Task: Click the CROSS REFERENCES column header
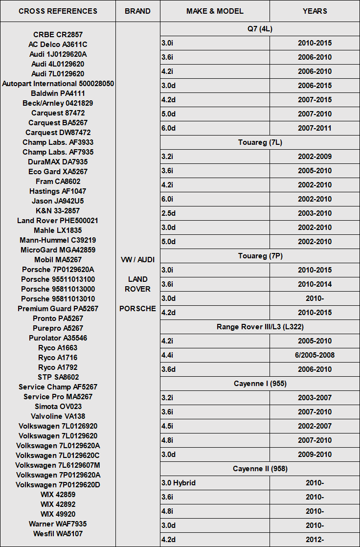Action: (x=58, y=11)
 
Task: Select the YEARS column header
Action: (x=315, y=11)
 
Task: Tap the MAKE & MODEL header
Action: (x=215, y=11)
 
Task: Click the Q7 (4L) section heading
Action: (x=260, y=29)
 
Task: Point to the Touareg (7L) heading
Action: (x=260, y=142)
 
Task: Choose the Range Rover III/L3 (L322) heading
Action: (x=260, y=327)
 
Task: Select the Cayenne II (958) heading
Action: (x=260, y=469)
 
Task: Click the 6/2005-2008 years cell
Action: (x=315, y=355)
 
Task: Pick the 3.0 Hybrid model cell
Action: (x=179, y=483)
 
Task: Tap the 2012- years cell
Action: (x=315, y=540)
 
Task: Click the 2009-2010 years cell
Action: (x=315, y=455)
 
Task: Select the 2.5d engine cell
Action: (x=168, y=213)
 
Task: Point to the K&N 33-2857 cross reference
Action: (x=58, y=211)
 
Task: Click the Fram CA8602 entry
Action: (x=58, y=182)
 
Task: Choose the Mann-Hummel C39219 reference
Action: (x=58, y=240)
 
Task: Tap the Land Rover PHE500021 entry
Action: (x=58, y=221)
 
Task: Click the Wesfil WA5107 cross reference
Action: (x=58, y=534)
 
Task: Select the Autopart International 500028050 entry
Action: (x=58, y=84)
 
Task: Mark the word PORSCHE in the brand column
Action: (x=137, y=309)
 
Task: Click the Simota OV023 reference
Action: (x=58, y=407)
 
